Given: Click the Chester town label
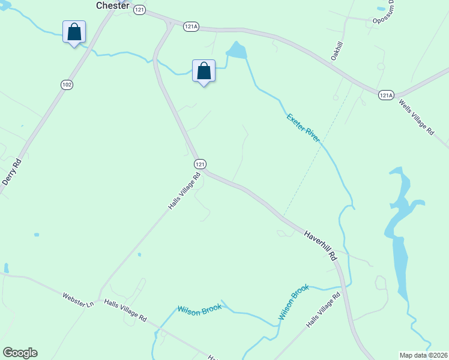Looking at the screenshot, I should (x=113, y=5).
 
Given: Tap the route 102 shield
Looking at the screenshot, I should (x=67, y=85).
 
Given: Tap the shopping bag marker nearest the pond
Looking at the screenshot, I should (x=203, y=71).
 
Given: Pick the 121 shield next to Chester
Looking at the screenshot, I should (x=139, y=10).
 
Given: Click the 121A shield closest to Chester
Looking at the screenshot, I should (x=191, y=26).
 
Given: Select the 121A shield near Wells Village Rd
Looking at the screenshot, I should (x=385, y=95).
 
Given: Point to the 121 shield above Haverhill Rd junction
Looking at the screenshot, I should (x=200, y=164).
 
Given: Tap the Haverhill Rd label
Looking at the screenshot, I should (x=321, y=246).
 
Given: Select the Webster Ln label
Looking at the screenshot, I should (x=78, y=300).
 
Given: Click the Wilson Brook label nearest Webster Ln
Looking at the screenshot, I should (x=199, y=308).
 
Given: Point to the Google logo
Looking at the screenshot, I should (x=20, y=353).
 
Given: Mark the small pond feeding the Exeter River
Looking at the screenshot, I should (x=237, y=50).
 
